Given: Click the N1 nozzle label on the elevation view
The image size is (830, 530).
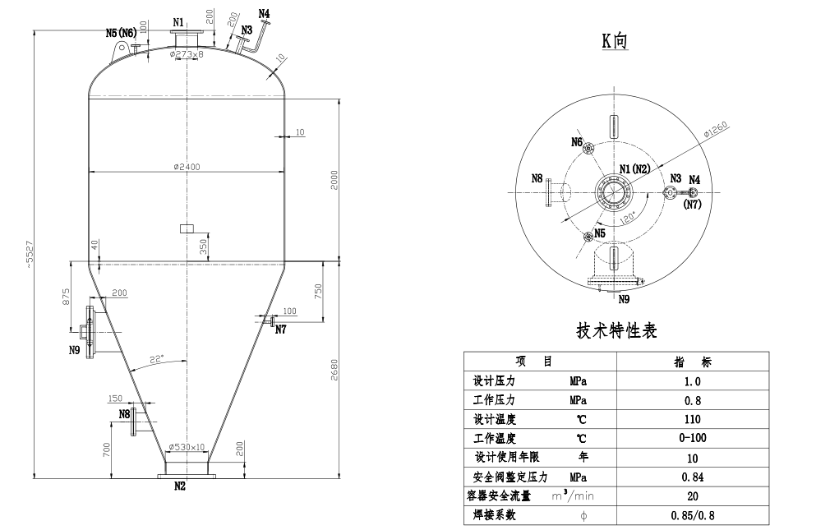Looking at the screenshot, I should click(x=178, y=21).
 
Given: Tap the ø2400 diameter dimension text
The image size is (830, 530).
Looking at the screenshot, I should click(x=187, y=166).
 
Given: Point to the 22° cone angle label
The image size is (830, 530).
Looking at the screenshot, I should click(x=156, y=358).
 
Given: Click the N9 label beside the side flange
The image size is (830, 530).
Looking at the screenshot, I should click(x=74, y=350).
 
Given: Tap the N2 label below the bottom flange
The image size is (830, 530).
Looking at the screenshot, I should click(x=180, y=486).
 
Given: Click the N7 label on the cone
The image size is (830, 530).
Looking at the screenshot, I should click(x=281, y=330).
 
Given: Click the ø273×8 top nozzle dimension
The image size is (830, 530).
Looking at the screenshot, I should click(x=187, y=54).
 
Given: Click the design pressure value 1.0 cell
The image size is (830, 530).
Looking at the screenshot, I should click(x=693, y=381).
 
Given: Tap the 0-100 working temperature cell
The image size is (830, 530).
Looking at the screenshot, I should click(x=693, y=438).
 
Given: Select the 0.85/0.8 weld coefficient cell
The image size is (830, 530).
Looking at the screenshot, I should click(x=693, y=515).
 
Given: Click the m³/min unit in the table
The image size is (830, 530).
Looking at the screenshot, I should click(x=573, y=496).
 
